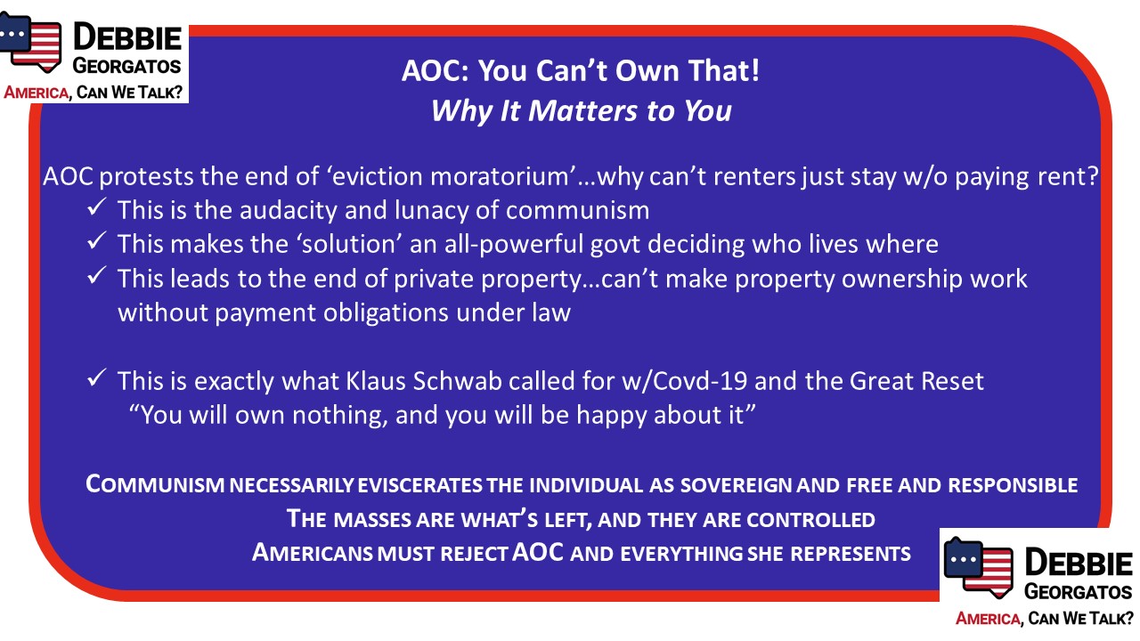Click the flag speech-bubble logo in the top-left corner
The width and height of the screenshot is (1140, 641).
tap(30, 42)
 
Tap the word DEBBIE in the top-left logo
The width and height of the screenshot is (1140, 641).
tap(127, 37)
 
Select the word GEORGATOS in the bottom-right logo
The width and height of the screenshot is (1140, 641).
tap(1078, 592)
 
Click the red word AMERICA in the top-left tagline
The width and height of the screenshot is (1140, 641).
tap(37, 93)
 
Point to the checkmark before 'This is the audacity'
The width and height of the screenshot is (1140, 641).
tap(97, 207)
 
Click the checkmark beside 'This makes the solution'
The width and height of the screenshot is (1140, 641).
tap(97, 240)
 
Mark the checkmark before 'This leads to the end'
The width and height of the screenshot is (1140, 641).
tap(97, 275)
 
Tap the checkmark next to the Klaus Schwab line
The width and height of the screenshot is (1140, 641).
tap(97, 378)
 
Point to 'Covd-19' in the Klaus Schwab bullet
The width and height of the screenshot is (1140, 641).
tap(700, 381)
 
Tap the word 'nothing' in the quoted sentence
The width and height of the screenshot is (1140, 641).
tap(337, 415)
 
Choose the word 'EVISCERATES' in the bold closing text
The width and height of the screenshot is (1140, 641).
tap(419, 485)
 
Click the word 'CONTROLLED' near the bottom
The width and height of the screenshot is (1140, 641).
tap(810, 519)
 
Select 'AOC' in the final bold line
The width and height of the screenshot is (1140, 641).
tap(538, 552)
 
